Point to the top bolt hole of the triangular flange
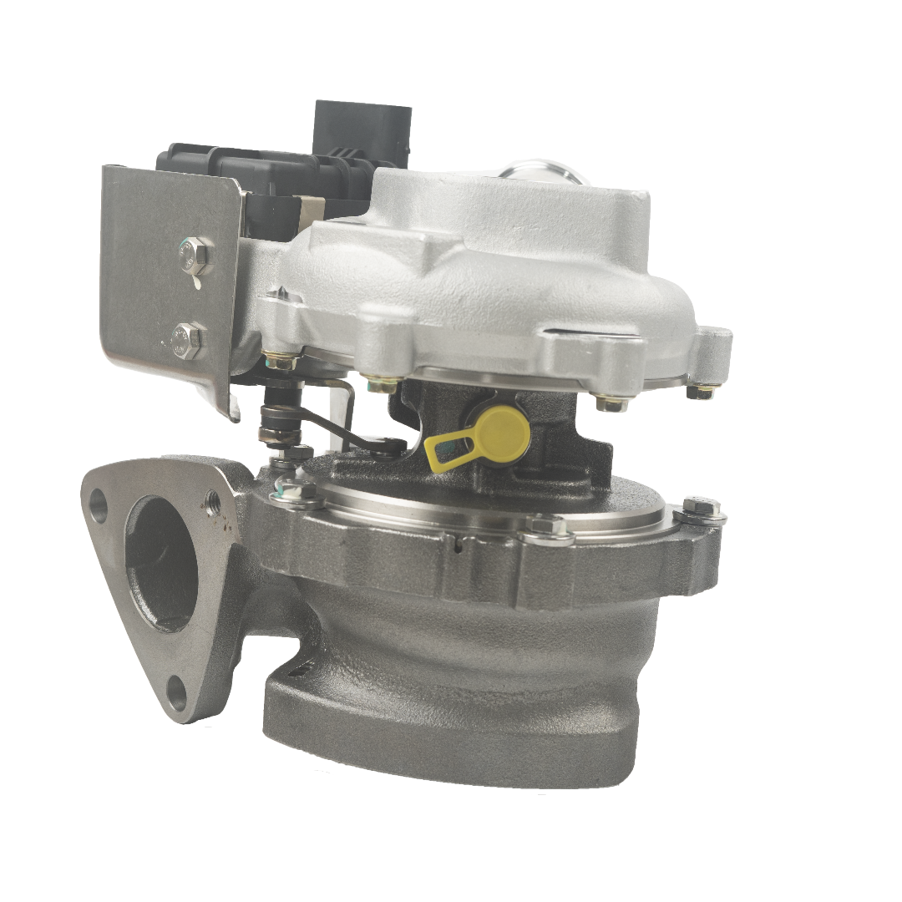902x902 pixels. click(x=99, y=502)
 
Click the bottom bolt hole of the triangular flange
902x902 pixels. click(x=177, y=690)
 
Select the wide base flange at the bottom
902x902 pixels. click(x=451, y=735)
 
